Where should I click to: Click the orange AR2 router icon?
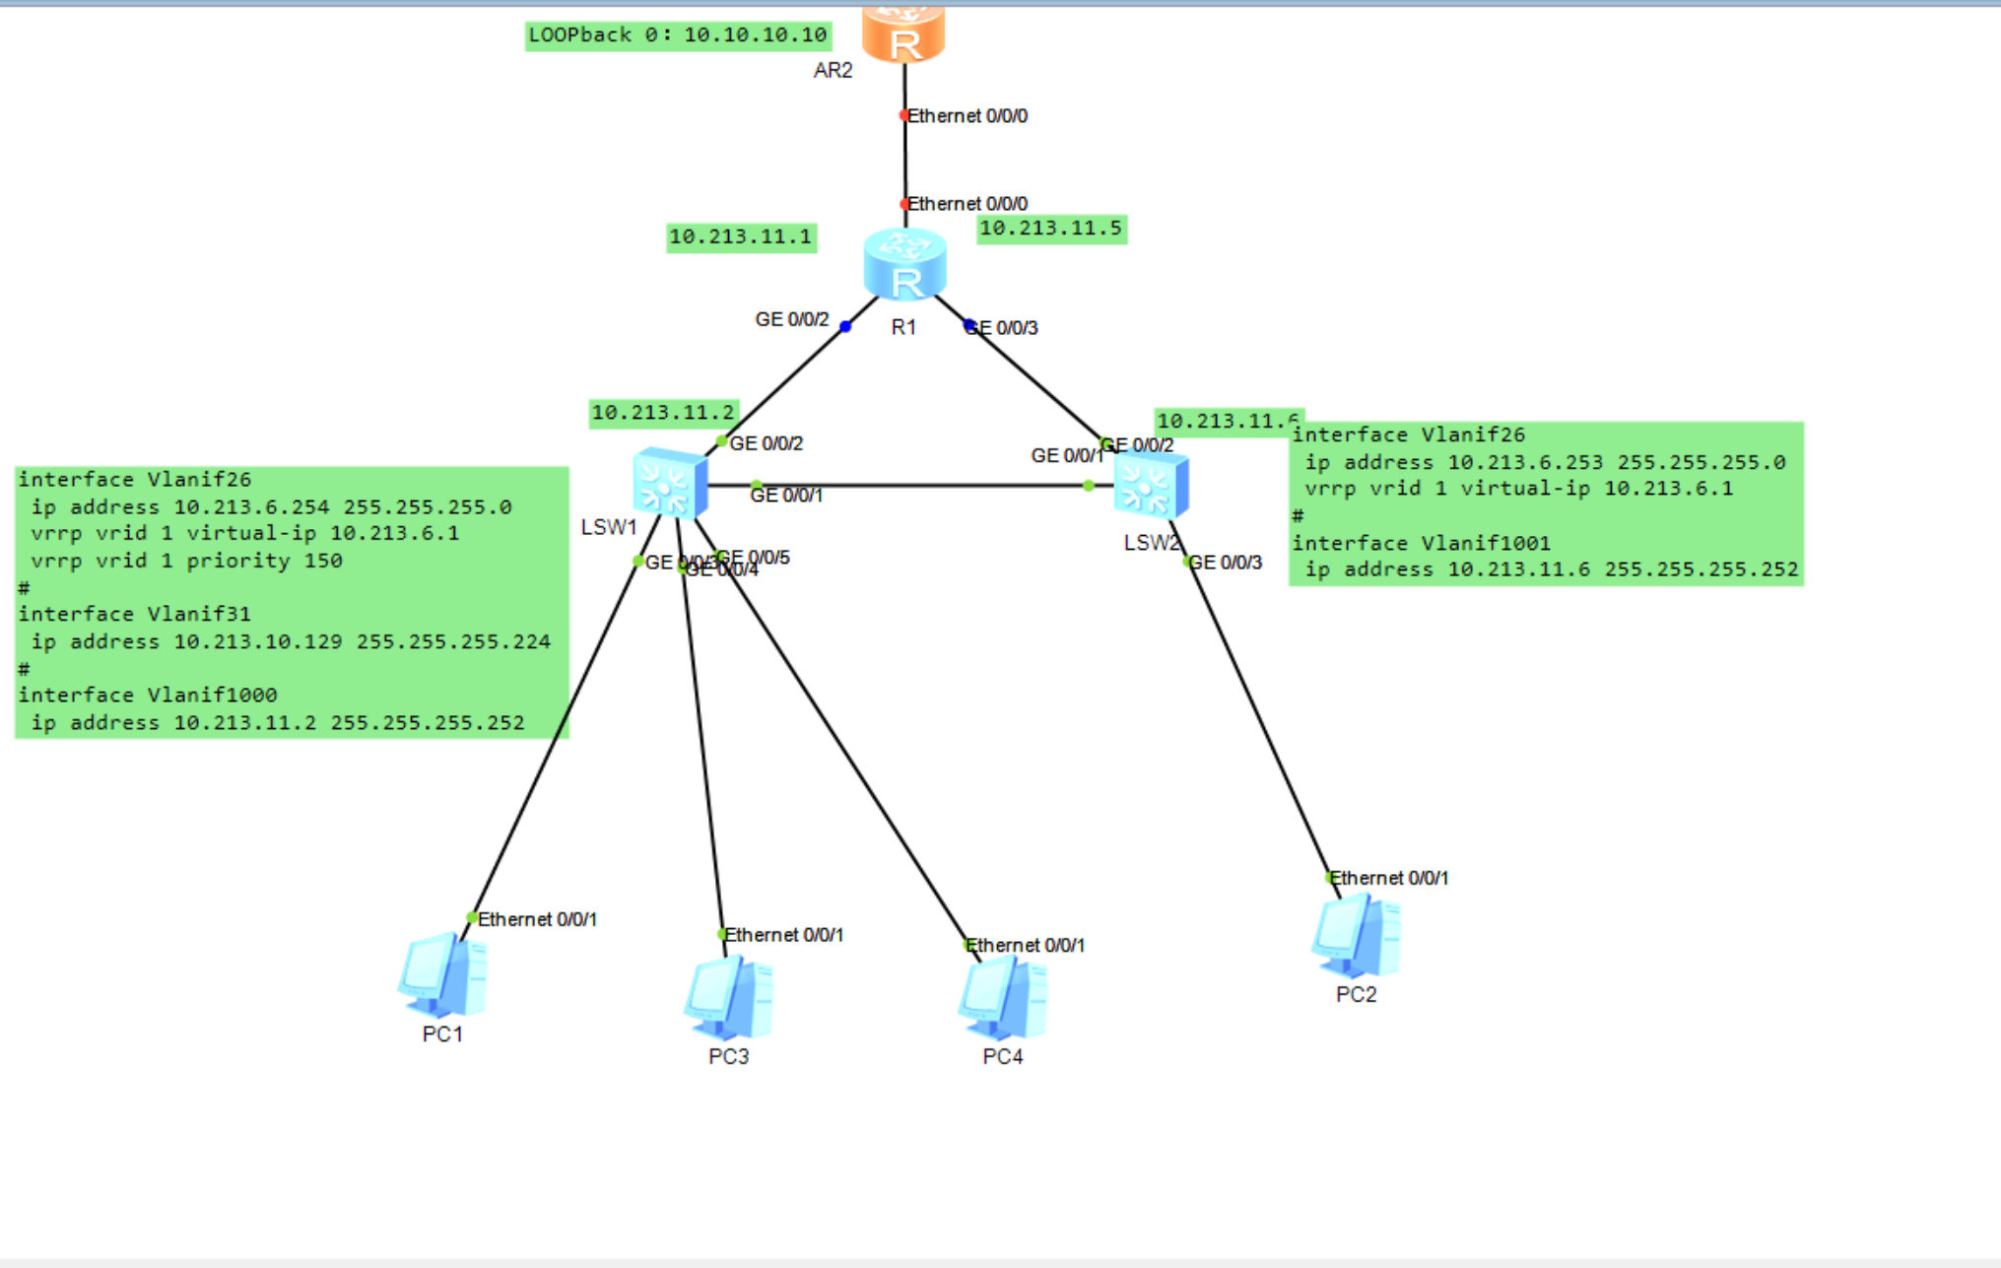click(903, 34)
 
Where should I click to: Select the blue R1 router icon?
click(904, 264)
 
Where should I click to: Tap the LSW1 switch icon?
click(670, 483)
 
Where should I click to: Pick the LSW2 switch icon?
click(1151, 485)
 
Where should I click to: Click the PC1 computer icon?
click(443, 976)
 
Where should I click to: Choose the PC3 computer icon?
click(729, 998)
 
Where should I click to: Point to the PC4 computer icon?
click(1003, 998)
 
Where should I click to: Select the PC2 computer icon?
click(1356, 936)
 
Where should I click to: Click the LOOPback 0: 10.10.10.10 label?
click(678, 35)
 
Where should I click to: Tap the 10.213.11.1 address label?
click(741, 236)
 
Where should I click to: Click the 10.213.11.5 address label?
click(1051, 229)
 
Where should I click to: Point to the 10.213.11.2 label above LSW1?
click(663, 413)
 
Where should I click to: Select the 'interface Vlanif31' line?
click(134, 614)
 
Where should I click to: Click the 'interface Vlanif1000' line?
click(148, 695)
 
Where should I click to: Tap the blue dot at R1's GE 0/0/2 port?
click(845, 326)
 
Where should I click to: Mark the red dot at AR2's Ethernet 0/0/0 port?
click(904, 115)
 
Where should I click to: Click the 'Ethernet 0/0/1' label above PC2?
click(1389, 878)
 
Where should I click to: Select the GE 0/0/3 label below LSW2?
click(1226, 563)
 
